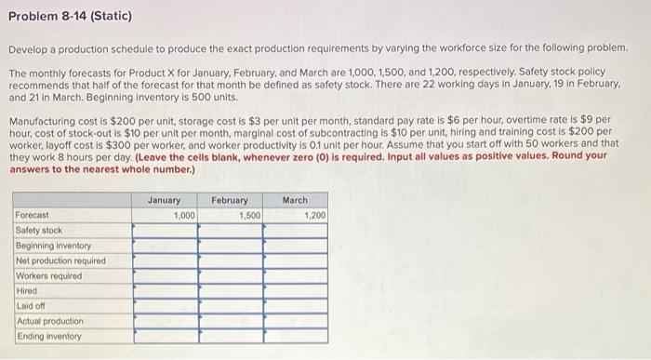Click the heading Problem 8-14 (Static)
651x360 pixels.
70,17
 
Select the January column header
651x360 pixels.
165,200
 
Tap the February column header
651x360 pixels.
230,200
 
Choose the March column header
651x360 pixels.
295,200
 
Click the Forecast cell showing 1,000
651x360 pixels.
165,215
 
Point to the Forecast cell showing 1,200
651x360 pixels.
295,215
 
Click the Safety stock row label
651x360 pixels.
39,230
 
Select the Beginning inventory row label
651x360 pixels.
53,246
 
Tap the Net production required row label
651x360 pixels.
60,260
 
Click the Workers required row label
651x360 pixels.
48,275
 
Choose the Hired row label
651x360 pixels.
27,290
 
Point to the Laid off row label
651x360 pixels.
31,305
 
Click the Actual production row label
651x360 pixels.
49,321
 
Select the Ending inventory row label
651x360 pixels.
49,336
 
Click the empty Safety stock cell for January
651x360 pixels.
165,230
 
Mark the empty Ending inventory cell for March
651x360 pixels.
295,336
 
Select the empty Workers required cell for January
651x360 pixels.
165,275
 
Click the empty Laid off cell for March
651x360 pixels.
295,305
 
